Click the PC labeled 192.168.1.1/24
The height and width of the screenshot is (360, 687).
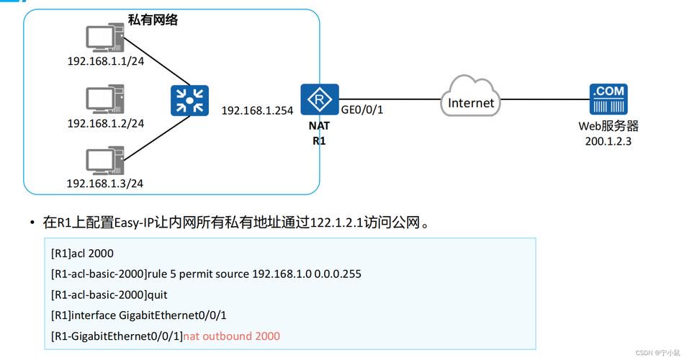click(x=105, y=38)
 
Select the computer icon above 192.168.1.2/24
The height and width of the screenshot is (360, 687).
click(x=105, y=99)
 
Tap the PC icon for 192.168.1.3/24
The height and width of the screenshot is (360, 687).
click(x=105, y=161)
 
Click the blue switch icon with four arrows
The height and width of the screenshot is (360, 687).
click(x=189, y=101)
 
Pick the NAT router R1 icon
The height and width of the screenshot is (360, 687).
click(x=320, y=99)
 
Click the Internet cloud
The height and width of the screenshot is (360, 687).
click(x=470, y=96)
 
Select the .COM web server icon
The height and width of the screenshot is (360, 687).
click(x=608, y=99)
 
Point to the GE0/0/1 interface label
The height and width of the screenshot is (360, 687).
click(x=362, y=110)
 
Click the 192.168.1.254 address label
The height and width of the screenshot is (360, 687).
click(x=257, y=111)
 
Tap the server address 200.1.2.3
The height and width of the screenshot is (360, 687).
click(x=608, y=141)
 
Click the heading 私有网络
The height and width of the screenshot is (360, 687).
click(x=153, y=19)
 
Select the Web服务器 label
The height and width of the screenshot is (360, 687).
click(x=609, y=126)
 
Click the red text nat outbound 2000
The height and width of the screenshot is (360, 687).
click(x=231, y=336)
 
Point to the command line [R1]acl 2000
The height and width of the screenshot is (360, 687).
click(x=82, y=253)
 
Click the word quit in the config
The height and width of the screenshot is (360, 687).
click(x=157, y=295)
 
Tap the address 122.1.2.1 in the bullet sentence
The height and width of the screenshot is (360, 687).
click(x=336, y=222)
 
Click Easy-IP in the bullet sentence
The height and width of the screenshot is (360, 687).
click(x=134, y=223)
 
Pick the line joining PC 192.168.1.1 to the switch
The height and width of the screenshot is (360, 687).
click(x=157, y=61)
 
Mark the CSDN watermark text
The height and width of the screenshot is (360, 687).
click(x=657, y=353)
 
